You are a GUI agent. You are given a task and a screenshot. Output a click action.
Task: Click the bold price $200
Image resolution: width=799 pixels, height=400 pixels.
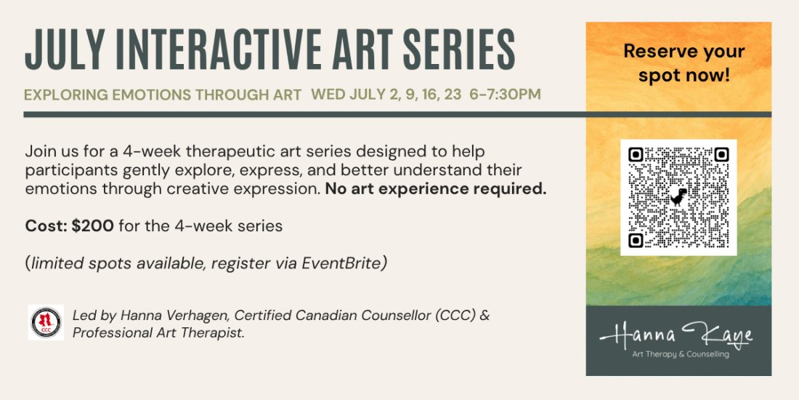(92, 226)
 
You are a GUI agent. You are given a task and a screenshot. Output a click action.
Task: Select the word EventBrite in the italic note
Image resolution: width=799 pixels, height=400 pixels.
(348, 263)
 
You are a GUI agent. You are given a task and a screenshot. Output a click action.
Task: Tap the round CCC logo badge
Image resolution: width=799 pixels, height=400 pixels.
(46, 322)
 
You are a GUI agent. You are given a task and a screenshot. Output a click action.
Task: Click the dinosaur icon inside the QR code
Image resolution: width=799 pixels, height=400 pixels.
(678, 196)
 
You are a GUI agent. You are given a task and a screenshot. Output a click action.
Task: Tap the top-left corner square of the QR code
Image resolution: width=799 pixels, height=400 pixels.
(636, 154)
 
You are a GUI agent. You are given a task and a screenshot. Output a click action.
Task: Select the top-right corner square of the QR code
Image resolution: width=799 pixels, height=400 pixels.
(721, 154)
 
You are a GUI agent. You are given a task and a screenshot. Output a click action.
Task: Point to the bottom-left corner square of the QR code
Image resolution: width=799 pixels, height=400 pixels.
(636, 239)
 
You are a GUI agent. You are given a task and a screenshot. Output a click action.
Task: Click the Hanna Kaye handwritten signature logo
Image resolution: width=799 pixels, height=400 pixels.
(676, 334)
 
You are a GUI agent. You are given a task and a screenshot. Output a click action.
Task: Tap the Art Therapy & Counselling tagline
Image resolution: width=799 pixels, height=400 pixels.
(678, 354)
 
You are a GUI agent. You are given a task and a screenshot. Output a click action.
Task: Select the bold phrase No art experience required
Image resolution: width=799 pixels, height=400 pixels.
(435, 189)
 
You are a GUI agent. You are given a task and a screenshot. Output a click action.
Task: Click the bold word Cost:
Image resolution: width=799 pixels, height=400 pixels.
(46, 226)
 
